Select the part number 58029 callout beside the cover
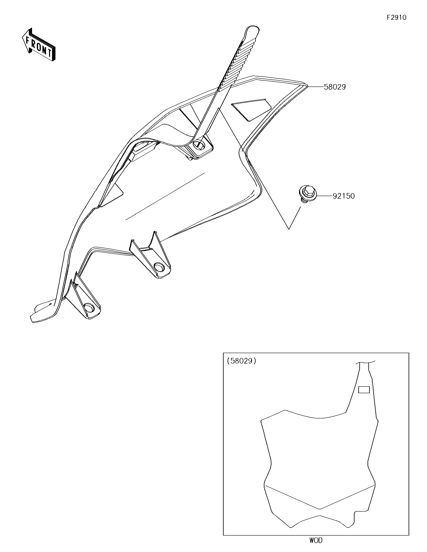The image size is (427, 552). pyautogui.click(x=335, y=87)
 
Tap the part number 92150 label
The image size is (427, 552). pyautogui.click(x=343, y=196)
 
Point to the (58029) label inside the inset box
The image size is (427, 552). pyautogui.click(x=242, y=361)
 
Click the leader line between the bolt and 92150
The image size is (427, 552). pyautogui.click(x=324, y=196)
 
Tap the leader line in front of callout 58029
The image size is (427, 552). pyautogui.click(x=316, y=87)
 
